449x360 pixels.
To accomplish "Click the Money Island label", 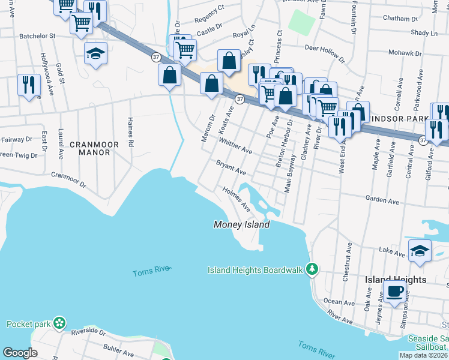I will pos(242,224).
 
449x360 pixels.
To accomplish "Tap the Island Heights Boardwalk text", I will pos(255,270).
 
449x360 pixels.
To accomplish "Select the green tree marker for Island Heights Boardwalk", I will pos(312,269).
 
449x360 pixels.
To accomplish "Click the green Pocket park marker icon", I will pos(59,324).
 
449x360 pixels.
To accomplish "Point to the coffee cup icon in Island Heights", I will pos(394,292).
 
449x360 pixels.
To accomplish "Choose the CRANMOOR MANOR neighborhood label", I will pos(90,148).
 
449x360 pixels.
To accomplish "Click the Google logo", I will pos(20,353).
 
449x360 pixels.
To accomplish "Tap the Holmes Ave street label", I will pos(236,198).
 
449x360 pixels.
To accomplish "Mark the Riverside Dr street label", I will pos(88,332).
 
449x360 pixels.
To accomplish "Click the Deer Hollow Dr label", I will pos(325,53).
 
